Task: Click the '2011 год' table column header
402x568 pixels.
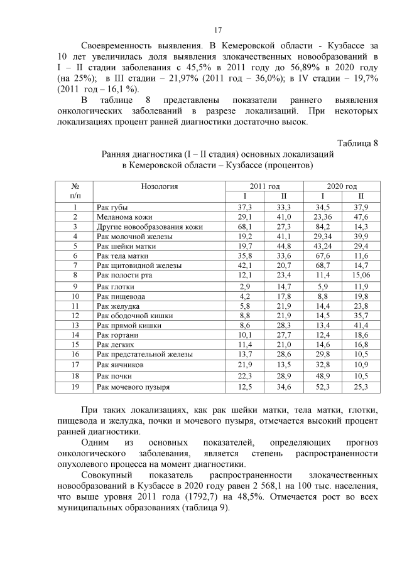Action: point(264,186)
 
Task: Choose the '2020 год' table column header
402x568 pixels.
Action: point(341,186)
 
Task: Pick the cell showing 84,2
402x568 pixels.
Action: point(322,227)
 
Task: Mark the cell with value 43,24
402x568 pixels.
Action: point(322,246)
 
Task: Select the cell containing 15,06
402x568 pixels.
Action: point(361,275)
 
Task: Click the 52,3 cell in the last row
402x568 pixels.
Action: point(322,387)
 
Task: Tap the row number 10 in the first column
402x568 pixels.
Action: point(75,296)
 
